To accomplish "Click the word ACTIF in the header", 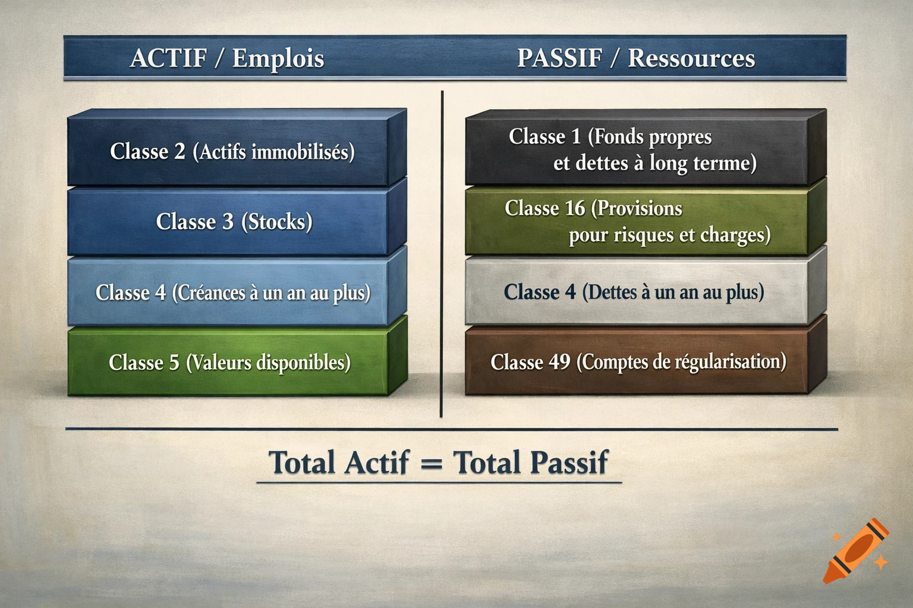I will coord(168,58).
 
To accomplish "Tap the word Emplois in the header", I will coord(278,58).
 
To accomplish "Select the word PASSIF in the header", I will coord(559,58).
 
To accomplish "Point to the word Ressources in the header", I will coord(691,58).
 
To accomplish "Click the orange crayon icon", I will coord(857,551).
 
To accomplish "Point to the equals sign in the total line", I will coord(431,463).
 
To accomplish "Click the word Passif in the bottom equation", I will coord(569,463).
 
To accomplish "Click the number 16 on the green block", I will coord(575,208).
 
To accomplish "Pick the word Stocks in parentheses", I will coord(277,221).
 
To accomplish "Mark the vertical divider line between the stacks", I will coord(442,255).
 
